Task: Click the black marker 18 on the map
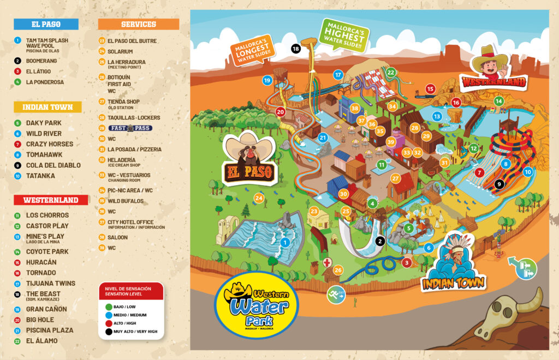295,49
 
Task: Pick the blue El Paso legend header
46,24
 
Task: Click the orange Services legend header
138,24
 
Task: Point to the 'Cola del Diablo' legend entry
53,165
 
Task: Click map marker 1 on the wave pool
284,241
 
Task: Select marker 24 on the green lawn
259,198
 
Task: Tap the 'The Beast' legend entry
43,294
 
